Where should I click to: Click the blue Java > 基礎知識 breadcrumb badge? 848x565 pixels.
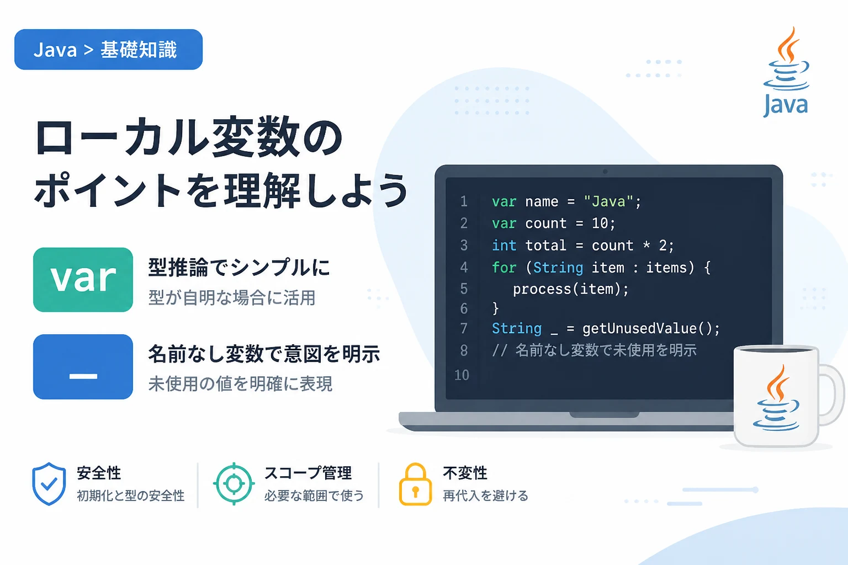pos(108,50)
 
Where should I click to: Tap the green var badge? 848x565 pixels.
pos(83,280)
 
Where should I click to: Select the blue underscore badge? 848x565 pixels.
pos(83,367)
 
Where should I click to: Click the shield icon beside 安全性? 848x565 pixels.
pos(49,484)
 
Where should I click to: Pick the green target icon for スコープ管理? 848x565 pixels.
pos(234,484)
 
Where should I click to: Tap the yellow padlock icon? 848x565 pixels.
pos(415,484)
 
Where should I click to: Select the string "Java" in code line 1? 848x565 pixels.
pos(608,201)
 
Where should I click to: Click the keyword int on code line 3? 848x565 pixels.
pos(504,246)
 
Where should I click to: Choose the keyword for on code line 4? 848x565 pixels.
pos(504,268)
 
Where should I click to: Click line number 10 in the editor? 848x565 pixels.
pos(462,375)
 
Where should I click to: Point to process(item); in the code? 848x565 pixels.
pos(570,290)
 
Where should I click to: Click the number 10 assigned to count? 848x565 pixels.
pos(600,223)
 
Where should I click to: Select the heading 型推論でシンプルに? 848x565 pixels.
pos(239,267)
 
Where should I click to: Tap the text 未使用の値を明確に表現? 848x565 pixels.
pos(240,383)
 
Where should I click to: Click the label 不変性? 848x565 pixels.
pos(465,473)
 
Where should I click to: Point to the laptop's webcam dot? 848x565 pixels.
pos(605,172)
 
